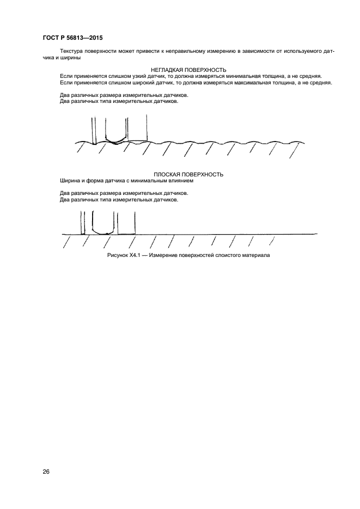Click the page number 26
tap(45, 471)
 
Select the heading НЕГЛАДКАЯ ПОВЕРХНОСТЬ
tap(188, 70)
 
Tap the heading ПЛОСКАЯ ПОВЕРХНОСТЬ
tap(188, 174)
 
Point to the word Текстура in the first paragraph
tap(72, 51)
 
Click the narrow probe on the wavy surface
tap(94, 131)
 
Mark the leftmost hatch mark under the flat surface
tap(66, 241)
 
